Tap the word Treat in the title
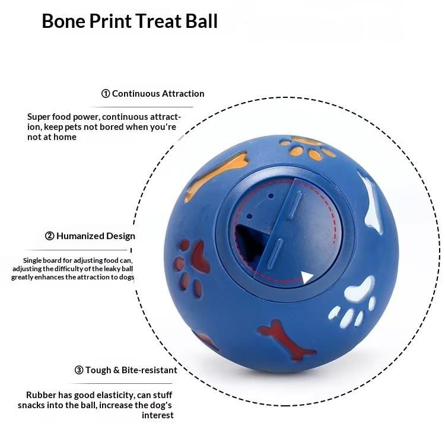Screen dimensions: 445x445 [x=163, y=21]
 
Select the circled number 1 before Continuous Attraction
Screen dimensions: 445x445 [x=106, y=94]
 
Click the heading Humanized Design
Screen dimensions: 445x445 [x=96, y=236]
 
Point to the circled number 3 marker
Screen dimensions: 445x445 [x=79, y=370]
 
